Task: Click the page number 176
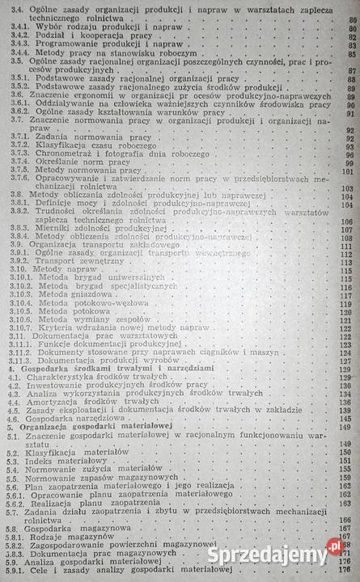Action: coord(347,572)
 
